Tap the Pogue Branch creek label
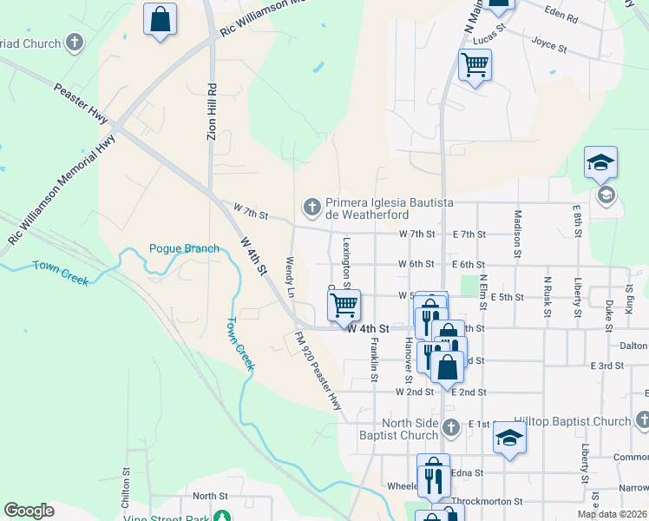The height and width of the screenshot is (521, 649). tap(184, 248)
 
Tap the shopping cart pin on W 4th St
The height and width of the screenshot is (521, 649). tap(344, 305)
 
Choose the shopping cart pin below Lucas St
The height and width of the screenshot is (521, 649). tap(475, 65)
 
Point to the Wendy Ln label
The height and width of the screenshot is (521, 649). tap(292, 277)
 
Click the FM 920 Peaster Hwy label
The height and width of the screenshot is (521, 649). tap(318, 371)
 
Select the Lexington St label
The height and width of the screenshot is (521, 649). tap(345, 261)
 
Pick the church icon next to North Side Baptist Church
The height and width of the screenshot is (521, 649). tap(450, 427)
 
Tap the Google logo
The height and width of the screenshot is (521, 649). tap(29, 511)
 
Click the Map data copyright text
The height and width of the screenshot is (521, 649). tap(611, 514)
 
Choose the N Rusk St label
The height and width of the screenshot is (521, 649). tap(547, 297)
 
